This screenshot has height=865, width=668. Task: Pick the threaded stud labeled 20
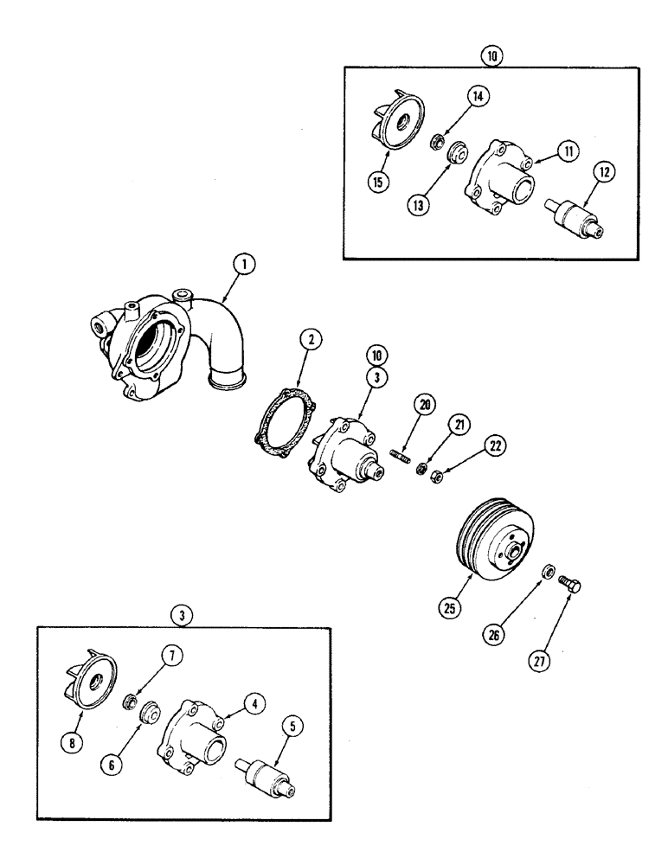pyautogui.click(x=401, y=453)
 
